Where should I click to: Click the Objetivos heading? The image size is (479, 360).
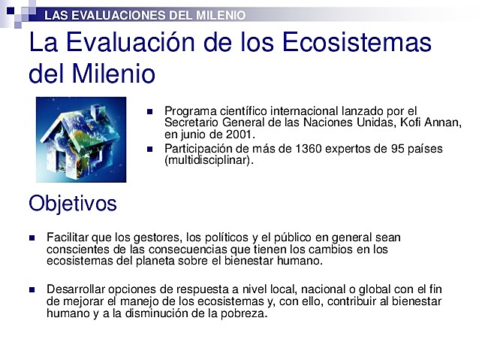click(72, 203)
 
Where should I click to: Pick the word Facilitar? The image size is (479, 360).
click(68, 237)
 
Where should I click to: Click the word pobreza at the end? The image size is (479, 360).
click(242, 314)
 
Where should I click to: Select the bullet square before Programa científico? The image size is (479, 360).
click(149, 111)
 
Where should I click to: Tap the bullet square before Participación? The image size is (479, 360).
click(149, 148)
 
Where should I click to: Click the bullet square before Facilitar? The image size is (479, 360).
click(32, 237)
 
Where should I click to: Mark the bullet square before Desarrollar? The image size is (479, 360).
click(32, 289)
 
